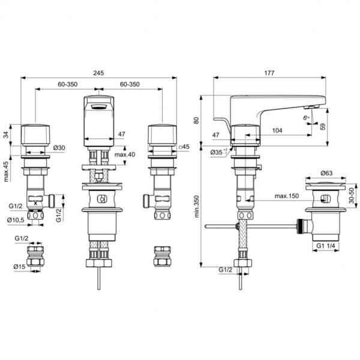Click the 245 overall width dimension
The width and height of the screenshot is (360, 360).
point(99,73)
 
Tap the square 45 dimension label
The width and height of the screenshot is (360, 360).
point(184,147)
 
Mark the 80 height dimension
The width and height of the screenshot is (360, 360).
point(196,119)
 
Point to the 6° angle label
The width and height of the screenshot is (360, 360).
point(306,117)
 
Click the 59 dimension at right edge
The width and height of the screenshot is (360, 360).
point(340,127)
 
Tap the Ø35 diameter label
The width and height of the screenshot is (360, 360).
point(218,153)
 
